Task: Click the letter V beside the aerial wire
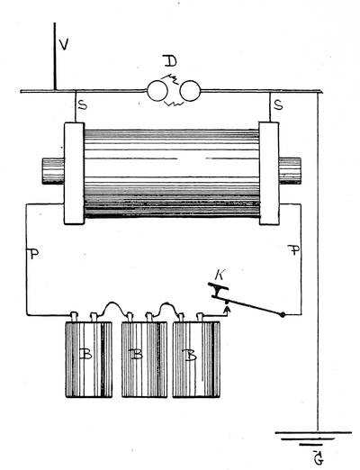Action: click(64, 44)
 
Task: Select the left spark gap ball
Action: click(157, 91)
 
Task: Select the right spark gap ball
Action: click(190, 91)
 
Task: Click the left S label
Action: click(83, 105)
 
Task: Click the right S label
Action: click(279, 105)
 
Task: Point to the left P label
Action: click(34, 254)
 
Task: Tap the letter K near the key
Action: click(220, 275)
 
